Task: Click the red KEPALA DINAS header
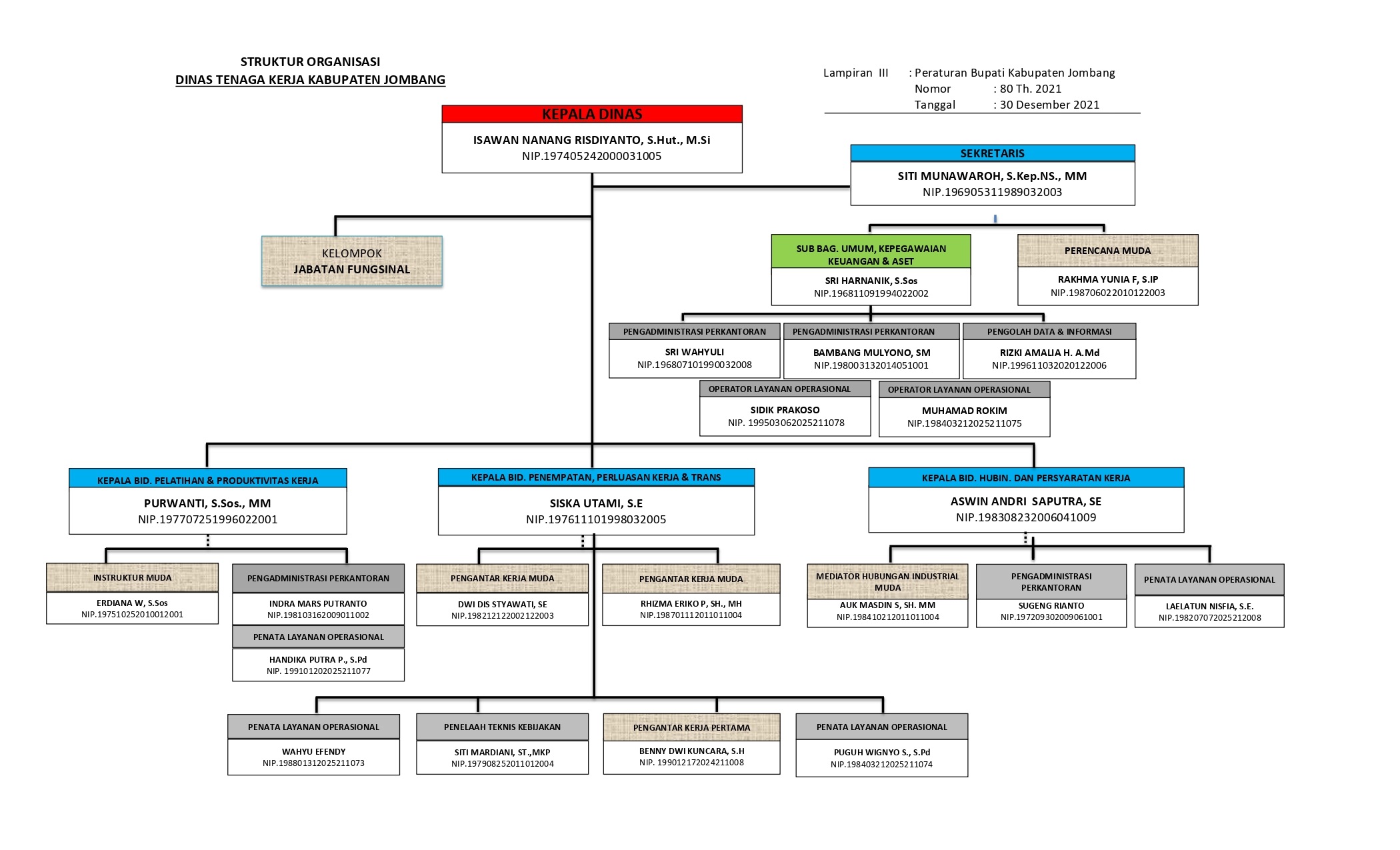[592, 114]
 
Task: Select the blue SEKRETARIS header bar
[992, 153]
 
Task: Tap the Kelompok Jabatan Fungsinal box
[352, 261]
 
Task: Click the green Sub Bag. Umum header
[871, 255]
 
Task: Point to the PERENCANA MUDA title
[1107, 251]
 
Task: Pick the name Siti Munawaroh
[992, 176]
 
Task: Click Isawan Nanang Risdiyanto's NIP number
[592, 156]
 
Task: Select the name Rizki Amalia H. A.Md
[1049, 353]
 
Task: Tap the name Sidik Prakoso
[785, 410]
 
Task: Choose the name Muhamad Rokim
[964, 411]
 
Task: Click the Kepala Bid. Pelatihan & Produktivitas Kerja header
[207, 480]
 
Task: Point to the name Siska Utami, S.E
[596, 503]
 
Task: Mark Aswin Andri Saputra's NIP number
[1025, 517]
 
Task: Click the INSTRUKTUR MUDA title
[132, 577]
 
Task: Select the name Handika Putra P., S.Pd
[318, 659]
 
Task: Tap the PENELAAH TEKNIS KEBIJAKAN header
[502, 727]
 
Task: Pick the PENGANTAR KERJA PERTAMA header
[691, 727]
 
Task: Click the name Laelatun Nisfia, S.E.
[1209, 606]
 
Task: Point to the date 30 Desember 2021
[1049, 105]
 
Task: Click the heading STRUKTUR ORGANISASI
[310, 62]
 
